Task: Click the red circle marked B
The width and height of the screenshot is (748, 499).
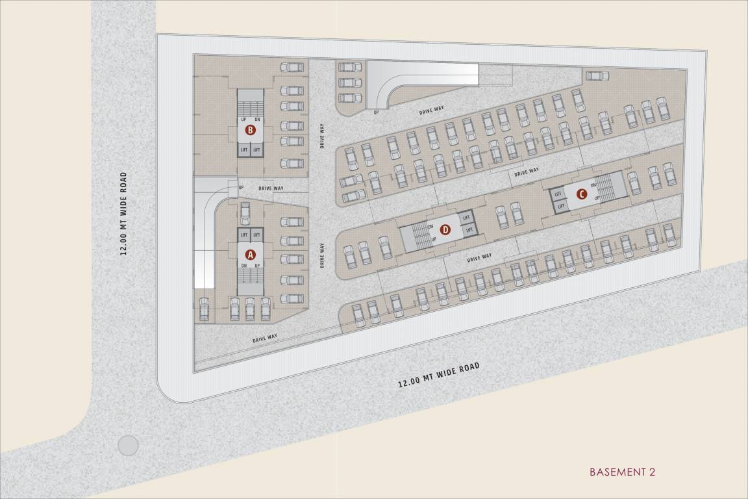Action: coord(251,131)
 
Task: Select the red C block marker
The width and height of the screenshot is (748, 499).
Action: coord(582,193)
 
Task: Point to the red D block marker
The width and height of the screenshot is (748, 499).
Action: coord(445,229)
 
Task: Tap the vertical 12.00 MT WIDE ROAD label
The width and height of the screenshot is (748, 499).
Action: coord(123,214)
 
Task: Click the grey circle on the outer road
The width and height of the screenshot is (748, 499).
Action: coord(128,445)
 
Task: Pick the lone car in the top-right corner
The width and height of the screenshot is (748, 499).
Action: coord(597,76)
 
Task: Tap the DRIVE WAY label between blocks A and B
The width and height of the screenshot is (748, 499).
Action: coord(271,188)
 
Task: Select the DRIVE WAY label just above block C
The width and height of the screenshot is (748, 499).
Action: coord(527,172)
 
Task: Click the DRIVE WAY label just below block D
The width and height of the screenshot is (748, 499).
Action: coord(479,258)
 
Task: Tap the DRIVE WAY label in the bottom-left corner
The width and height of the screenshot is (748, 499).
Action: coord(265,339)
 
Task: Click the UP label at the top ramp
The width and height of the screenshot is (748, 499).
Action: coord(375,113)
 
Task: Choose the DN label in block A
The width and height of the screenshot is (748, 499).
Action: coord(244,265)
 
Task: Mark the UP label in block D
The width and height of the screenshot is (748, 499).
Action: coord(434,239)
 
